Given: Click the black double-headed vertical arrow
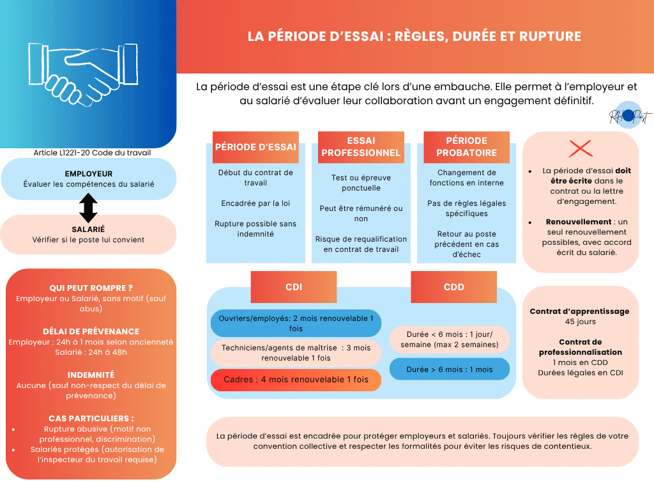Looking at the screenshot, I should (88, 208).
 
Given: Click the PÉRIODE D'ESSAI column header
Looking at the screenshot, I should (255, 147).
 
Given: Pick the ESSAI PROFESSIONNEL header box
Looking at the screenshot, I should (361, 147).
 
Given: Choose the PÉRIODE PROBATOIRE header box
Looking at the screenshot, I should (466, 147).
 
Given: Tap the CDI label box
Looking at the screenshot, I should (294, 287).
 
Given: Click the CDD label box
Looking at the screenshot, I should (453, 287).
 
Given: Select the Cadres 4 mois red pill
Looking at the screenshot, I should (296, 380).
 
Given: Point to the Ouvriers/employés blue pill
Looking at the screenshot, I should (296, 323).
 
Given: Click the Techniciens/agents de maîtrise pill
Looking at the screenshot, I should (296, 353).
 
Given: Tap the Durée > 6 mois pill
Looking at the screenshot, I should (450, 370).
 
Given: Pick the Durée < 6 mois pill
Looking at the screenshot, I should (450, 339).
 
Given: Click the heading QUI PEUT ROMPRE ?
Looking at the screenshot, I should (87, 288).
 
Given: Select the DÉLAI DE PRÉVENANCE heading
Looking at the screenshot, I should (91, 332).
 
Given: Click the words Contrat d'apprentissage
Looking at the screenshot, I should (579, 311).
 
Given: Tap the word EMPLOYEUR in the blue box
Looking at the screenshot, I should (89, 174).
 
